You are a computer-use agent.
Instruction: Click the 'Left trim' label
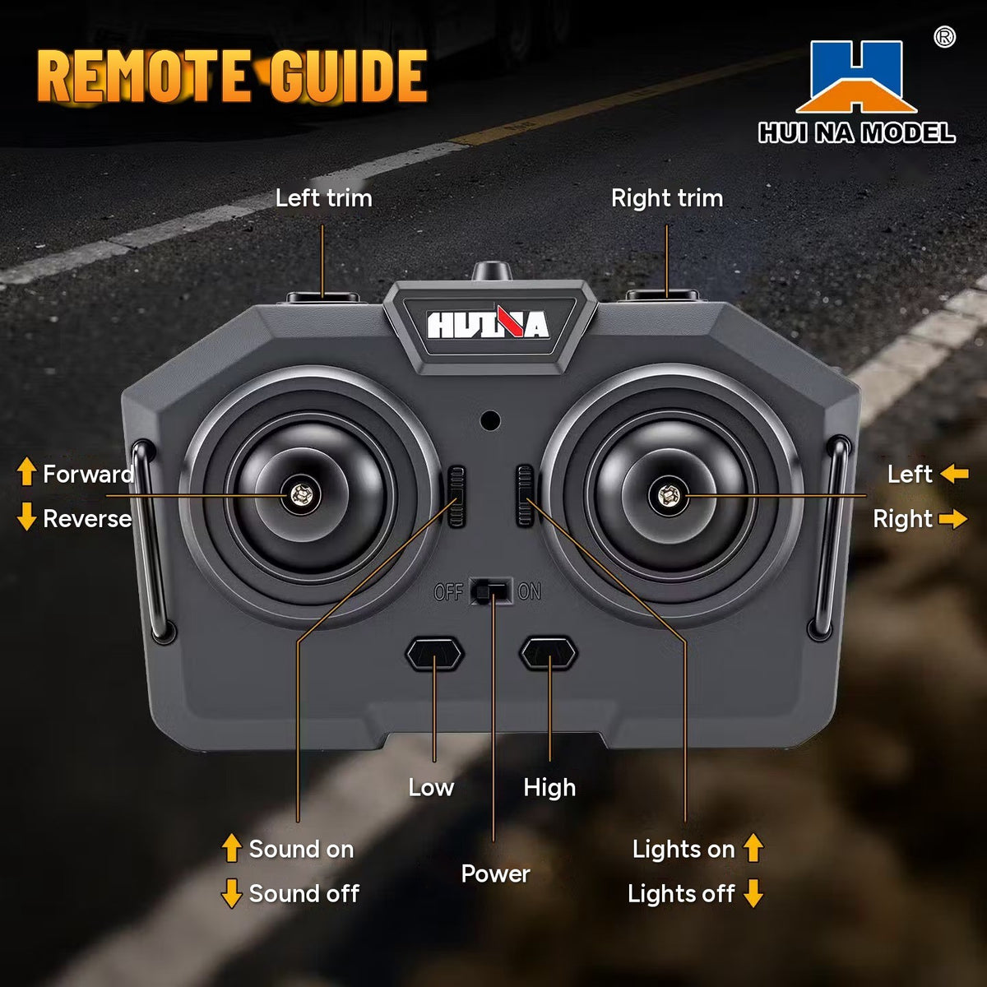tap(324, 198)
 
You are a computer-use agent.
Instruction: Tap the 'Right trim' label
tap(667, 199)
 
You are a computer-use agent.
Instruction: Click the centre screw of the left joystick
tap(300, 495)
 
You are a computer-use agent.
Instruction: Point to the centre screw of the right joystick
tap(668, 495)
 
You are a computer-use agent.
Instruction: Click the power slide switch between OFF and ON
tap(491, 591)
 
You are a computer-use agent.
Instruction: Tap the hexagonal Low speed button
tap(434, 654)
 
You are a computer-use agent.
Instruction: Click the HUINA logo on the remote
tap(488, 325)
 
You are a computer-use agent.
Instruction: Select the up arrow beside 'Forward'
tap(26, 471)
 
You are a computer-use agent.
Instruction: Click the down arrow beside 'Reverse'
tap(26, 516)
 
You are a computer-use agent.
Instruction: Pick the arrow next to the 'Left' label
tap(955, 474)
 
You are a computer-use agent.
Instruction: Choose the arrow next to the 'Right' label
tap(953, 519)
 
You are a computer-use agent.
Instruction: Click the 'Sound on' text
tap(302, 850)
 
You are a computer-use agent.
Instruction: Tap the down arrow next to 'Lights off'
tap(753, 894)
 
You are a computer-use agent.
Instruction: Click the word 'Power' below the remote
tap(495, 873)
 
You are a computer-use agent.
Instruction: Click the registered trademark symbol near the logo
tap(944, 37)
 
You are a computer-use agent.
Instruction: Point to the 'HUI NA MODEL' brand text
tap(857, 132)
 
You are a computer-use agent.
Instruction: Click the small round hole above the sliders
tap(490, 420)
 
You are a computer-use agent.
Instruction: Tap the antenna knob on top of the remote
tap(492, 271)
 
